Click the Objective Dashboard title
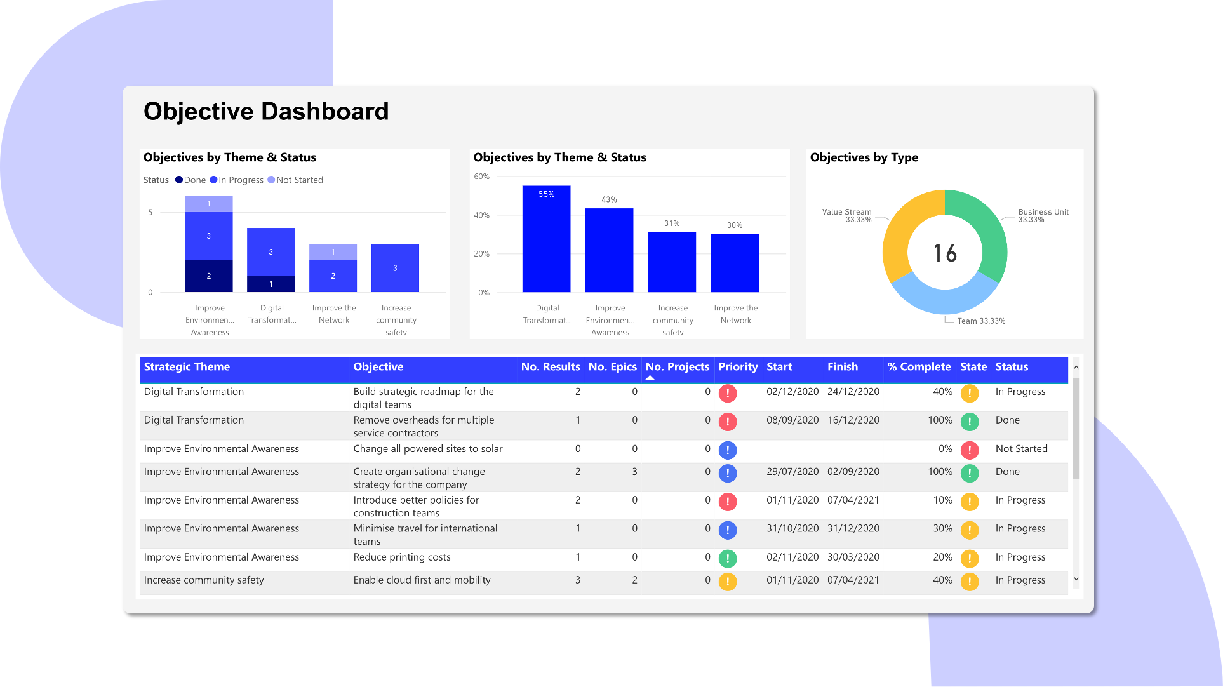coord(265,112)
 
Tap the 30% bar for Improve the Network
coord(734,263)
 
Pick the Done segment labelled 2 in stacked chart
coord(208,276)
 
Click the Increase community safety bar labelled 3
coord(395,268)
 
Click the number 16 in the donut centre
coord(944,253)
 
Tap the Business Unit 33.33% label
coord(1043,216)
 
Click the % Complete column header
coord(918,367)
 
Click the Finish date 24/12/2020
coord(853,392)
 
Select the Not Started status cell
coord(1021,449)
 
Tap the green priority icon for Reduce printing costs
coord(727,559)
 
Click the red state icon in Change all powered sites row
coord(969,450)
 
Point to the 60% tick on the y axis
coord(481,177)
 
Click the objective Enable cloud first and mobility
coord(422,580)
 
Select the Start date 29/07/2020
coord(792,472)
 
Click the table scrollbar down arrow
coord(1076,579)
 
